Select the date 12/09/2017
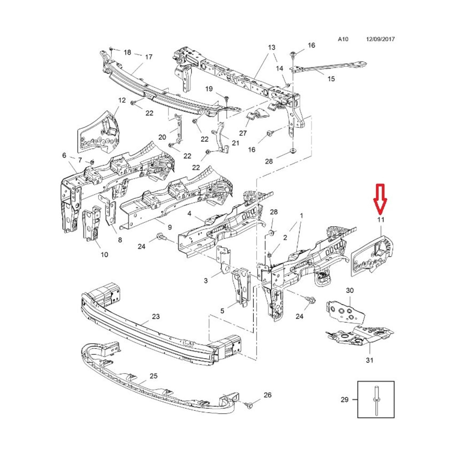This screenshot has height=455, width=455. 380,39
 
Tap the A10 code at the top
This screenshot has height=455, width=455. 343,39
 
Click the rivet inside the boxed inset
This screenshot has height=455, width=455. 376,400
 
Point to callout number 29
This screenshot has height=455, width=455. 344,399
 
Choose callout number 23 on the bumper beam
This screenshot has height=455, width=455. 156,316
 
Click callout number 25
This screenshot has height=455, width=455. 153,376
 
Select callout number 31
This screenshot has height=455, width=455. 369,360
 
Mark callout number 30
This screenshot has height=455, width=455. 350,290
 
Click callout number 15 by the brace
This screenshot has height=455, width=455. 331,79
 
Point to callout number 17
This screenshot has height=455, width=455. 149,56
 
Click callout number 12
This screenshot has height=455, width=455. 122,100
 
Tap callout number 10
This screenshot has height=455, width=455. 105,254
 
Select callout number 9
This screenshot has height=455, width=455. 170,227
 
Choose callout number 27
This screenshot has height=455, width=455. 243,133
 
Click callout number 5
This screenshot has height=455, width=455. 222,311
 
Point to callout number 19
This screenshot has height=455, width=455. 209,89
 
